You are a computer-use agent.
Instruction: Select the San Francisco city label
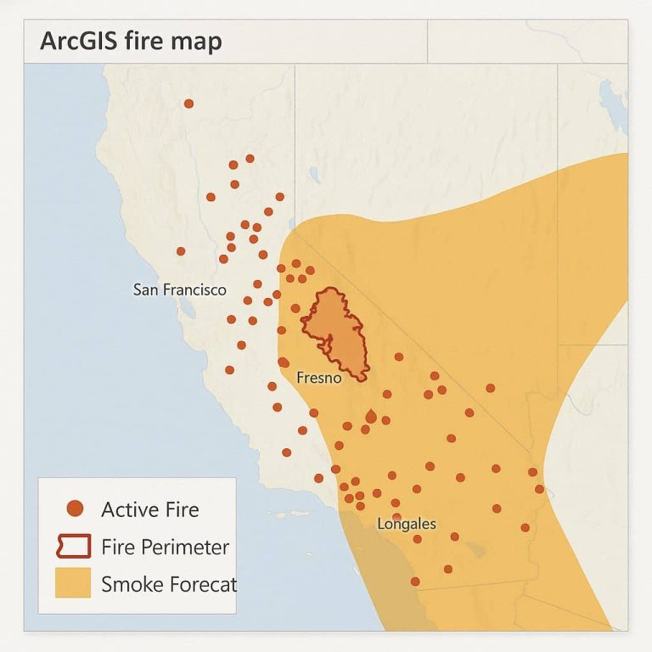[x=180, y=289]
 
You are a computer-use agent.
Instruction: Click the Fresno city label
[x=318, y=378]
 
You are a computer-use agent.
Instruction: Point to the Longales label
[x=406, y=524]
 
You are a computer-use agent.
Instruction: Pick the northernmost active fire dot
[x=188, y=104]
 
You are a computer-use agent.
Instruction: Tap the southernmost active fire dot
[x=415, y=582]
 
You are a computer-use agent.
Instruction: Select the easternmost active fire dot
[x=539, y=489]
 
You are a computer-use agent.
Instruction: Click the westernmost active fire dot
[x=181, y=251]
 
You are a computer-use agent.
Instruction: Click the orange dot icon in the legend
[x=74, y=509]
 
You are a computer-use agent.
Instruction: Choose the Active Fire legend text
[x=149, y=509]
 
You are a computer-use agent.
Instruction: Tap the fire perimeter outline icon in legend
[x=73, y=547]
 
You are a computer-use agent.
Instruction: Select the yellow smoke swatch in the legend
[x=73, y=584]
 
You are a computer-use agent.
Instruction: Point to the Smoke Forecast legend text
[x=168, y=584]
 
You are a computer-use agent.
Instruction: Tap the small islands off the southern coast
[x=280, y=514]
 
